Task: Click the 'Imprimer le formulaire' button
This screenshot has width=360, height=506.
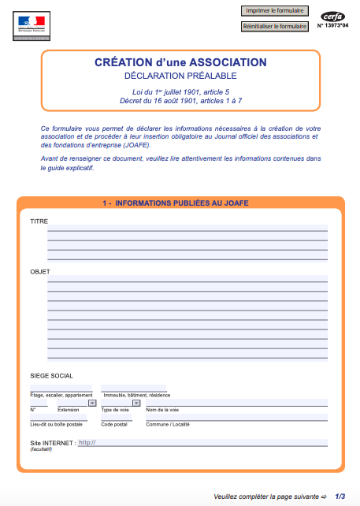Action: [x=274, y=11]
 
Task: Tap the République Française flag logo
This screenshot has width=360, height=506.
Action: [x=31, y=25]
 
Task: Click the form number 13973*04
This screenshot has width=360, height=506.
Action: [x=332, y=26]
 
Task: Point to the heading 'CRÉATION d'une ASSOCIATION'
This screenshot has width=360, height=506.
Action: [x=180, y=63]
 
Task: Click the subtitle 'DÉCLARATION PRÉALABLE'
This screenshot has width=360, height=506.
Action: [x=180, y=76]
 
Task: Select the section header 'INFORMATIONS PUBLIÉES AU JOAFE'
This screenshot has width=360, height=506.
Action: [x=181, y=203]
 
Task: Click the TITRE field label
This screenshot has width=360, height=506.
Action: [x=39, y=221]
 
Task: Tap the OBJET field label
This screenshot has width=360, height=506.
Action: [x=40, y=272]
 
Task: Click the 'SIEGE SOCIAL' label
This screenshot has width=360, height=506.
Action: [x=52, y=376]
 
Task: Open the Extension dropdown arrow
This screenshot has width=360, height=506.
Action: [x=92, y=403]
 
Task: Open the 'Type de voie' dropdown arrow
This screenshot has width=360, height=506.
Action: [x=136, y=403]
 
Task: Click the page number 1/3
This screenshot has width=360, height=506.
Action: [x=340, y=497]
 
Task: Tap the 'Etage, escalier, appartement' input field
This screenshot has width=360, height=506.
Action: [x=61, y=389]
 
